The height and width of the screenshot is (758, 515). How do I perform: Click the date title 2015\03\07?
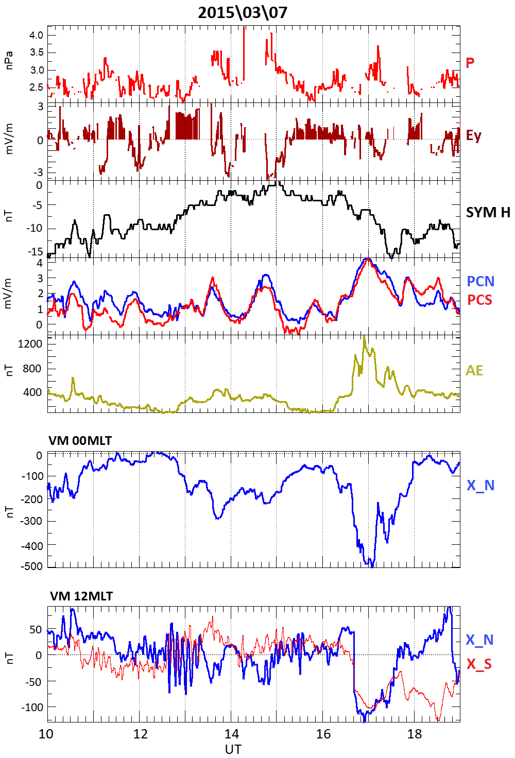tap(243, 12)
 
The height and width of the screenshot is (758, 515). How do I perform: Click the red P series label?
tap(470, 63)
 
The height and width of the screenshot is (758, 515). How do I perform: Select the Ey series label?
tap(473, 135)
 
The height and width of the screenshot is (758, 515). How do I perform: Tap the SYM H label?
tap(488, 212)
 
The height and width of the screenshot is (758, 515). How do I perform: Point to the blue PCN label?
tap(480, 281)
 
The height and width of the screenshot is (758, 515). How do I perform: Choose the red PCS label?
tap(479, 300)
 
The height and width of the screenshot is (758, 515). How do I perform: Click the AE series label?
tap(474, 370)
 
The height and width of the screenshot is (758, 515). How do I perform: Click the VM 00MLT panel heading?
tap(80, 441)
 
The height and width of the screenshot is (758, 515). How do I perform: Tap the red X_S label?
tap(479, 664)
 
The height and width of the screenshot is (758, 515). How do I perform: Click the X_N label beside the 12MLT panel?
tap(479, 640)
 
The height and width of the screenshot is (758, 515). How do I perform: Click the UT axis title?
tap(233, 749)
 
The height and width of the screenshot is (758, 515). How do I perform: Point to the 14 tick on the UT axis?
tap(232, 734)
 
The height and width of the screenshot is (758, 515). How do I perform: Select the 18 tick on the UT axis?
tap(415, 734)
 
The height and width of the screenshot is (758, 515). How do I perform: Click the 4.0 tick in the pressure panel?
tap(36, 35)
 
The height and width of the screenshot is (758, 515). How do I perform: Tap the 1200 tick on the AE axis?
tap(30, 344)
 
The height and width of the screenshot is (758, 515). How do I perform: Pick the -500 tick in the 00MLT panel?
tap(32, 566)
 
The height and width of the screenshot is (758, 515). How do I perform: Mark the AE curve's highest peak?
tap(365, 337)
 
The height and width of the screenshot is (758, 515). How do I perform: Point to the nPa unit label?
tap(8, 61)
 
